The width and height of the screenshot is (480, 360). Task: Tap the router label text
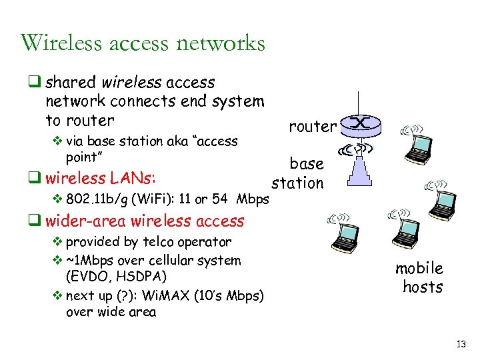[x=312, y=126]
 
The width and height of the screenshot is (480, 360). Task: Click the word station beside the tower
[x=298, y=183]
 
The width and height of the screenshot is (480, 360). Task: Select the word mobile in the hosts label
[x=419, y=268]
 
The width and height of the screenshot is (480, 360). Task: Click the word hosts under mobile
[x=423, y=287]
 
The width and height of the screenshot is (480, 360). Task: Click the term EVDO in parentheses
[x=88, y=276]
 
